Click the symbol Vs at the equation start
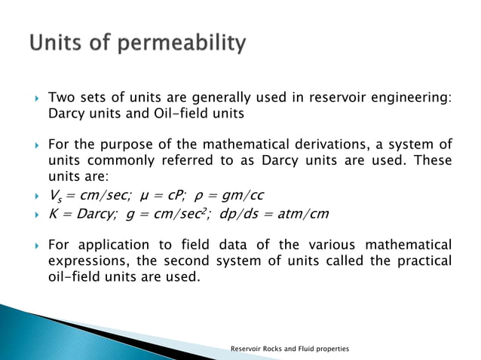pyautogui.click(x=54, y=196)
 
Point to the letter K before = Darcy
pyautogui.click(x=52, y=213)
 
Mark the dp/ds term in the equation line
pyautogui.click(x=242, y=213)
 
